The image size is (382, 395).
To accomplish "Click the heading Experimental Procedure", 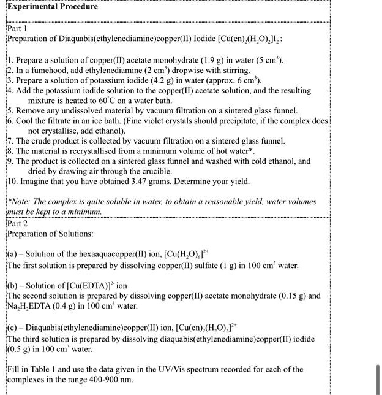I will pos(53,7).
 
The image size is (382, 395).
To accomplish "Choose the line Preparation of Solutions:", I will pos(50,234).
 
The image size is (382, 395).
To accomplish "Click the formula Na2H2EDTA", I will pos(29,306).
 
